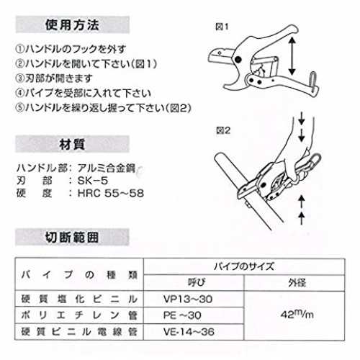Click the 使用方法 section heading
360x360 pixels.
click(72, 24)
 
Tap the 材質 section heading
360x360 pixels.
click(72, 144)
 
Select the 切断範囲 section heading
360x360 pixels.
click(72, 238)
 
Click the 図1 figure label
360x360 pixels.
click(222, 27)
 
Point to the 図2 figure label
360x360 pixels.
click(223, 130)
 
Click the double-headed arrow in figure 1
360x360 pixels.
click(292, 56)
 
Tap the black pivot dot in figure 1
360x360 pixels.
click(238, 59)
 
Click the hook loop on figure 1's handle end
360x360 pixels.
click(313, 81)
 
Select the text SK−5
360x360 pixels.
click(93, 181)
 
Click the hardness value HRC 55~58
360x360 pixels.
click(111, 193)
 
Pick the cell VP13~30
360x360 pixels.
click(188, 299)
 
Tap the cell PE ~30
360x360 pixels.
click(182, 315)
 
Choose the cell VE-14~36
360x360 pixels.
click(189, 332)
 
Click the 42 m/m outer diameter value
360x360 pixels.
click(297, 315)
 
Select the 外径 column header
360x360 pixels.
click(297, 283)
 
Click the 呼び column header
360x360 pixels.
click(197, 283)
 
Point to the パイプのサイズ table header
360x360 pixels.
click(244, 266)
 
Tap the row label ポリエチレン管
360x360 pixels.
click(79, 315)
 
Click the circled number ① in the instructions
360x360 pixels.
click(19, 49)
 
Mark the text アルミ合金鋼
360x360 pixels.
click(107, 168)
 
